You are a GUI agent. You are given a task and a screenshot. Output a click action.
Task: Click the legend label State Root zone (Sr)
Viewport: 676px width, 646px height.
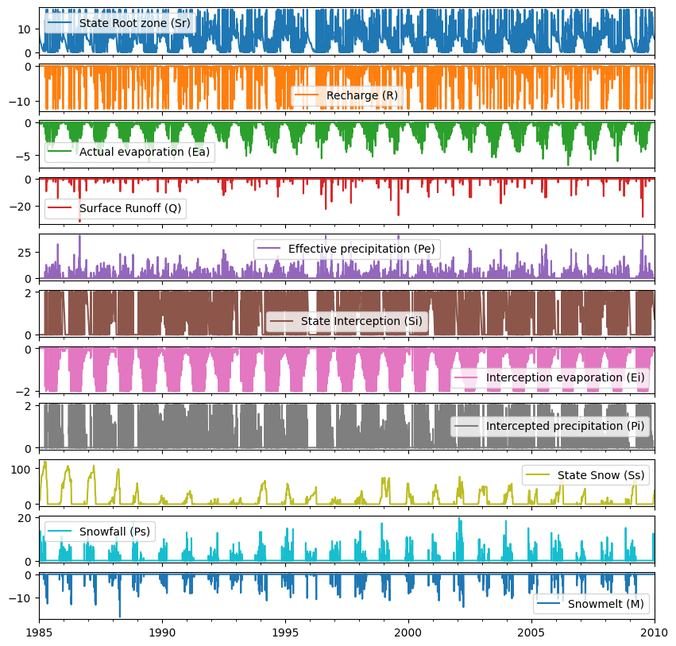pyautogui.click(x=134, y=23)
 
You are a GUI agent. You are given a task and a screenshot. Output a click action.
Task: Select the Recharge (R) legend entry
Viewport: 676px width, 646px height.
pyautogui.click(x=362, y=95)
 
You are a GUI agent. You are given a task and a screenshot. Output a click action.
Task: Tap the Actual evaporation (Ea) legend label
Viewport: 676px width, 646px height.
pyautogui.click(x=145, y=152)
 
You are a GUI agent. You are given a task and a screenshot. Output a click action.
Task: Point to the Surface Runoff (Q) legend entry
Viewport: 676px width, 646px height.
pyautogui.click(x=130, y=208)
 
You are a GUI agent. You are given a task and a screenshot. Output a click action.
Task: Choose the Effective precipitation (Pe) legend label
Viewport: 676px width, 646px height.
pyautogui.click(x=361, y=249)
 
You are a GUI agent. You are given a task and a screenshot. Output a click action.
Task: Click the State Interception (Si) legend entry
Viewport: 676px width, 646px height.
pyautogui.click(x=361, y=321)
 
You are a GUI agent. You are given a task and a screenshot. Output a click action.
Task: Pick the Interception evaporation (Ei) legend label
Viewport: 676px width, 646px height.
pyautogui.click(x=566, y=377)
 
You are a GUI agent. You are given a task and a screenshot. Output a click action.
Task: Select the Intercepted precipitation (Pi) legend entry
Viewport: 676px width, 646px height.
pyautogui.click(x=566, y=426)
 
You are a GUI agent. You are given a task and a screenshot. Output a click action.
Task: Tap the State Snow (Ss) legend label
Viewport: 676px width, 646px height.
pyautogui.click(x=601, y=475)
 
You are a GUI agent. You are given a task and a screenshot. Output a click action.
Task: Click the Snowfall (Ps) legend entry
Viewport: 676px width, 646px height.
pyautogui.click(x=114, y=532)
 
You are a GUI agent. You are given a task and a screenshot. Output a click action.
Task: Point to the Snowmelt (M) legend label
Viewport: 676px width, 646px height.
pyautogui.click(x=606, y=604)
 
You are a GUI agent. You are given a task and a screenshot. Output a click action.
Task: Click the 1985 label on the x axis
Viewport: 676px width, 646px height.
pyautogui.click(x=39, y=632)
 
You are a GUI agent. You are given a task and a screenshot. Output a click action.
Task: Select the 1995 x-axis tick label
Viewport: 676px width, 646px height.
pyautogui.click(x=285, y=632)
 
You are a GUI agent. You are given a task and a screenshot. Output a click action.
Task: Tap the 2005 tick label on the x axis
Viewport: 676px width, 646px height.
pyautogui.click(x=531, y=632)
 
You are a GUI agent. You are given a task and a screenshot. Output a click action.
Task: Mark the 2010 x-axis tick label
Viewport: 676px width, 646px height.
pyautogui.click(x=655, y=632)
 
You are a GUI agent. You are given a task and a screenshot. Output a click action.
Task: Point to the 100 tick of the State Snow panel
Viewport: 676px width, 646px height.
pyautogui.click(x=21, y=470)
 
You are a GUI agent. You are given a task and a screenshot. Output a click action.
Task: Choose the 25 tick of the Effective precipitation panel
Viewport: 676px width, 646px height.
pyautogui.click(x=25, y=253)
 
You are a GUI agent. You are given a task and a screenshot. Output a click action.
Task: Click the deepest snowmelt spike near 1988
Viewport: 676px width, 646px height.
pyautogui.click(x=120, y=616)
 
